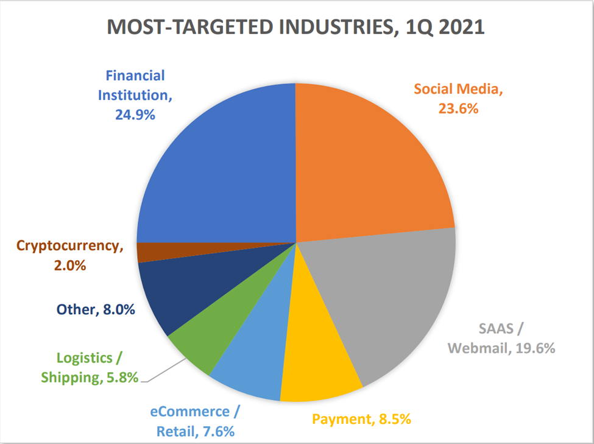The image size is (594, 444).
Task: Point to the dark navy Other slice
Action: pos(177,292)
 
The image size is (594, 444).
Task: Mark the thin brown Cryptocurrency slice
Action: pos(152,252)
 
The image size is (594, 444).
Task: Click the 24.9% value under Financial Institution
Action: pos(135,114)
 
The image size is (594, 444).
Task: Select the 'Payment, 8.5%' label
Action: pos(361,418)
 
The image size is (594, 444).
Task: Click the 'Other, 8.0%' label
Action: pos(96,309)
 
